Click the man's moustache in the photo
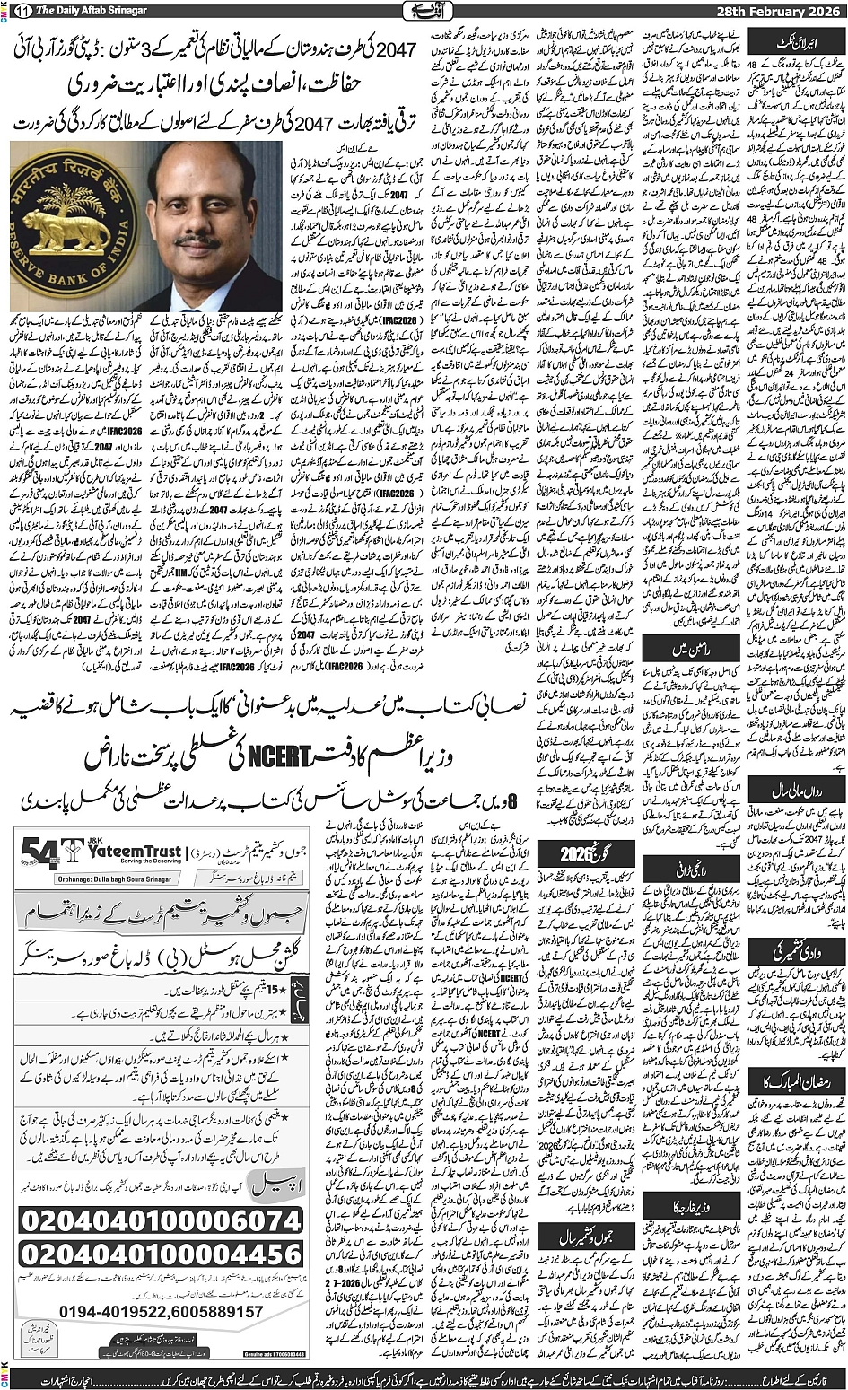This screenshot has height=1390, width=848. (x=200, y=241)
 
